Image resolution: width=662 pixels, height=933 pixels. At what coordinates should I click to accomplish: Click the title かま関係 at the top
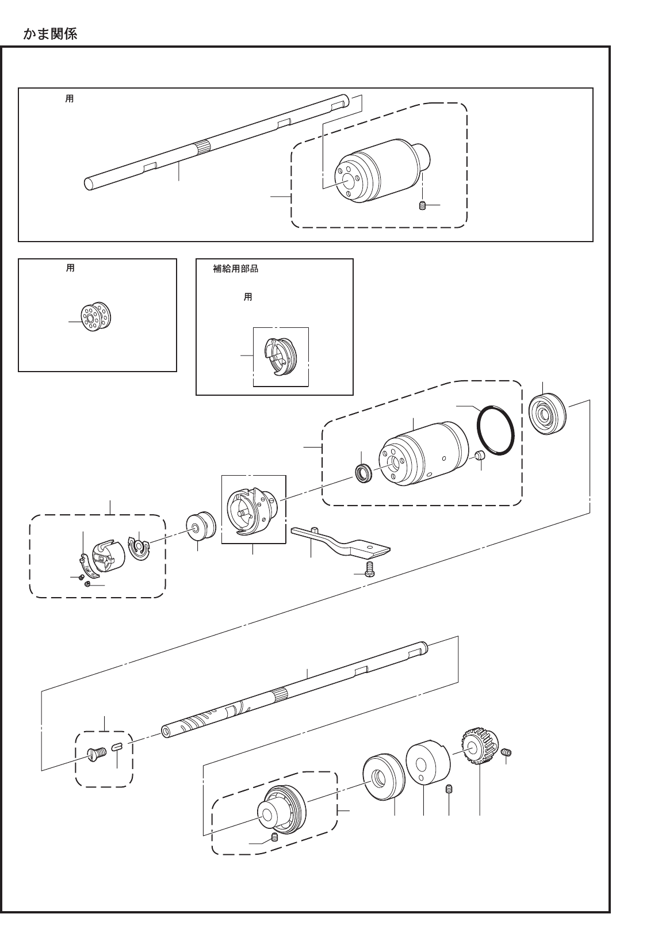tap(50, 34)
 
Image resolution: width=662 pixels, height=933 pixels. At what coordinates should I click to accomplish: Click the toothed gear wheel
tap(479, 747)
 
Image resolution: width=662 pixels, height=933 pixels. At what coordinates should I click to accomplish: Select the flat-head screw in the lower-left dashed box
tap(96, 753)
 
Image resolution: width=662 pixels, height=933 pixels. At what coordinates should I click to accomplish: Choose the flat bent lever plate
tap(339, 541)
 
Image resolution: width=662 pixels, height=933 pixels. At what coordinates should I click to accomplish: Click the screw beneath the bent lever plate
tap(369, 569)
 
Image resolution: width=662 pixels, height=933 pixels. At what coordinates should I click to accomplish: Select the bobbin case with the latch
tap(107, 555)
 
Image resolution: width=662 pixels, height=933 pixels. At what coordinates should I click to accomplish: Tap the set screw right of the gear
tap(507, 752)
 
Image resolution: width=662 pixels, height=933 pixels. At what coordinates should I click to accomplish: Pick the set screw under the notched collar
tap(449, 789)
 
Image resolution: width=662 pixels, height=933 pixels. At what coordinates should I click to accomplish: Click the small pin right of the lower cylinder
tap(479, 457)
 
